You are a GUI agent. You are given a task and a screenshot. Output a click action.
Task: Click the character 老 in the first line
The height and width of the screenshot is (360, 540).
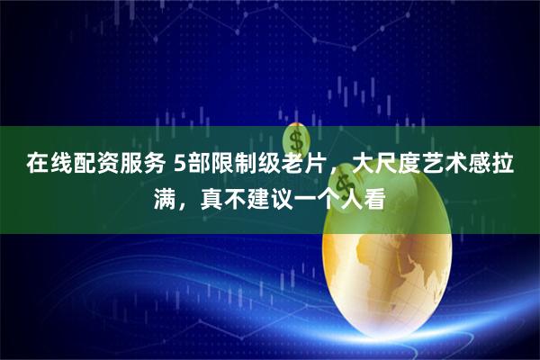pos(294,166)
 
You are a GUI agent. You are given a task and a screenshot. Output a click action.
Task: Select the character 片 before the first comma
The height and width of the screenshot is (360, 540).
pos(318,166)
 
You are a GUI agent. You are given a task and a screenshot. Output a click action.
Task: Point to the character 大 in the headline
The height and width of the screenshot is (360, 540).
pos(364,166)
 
